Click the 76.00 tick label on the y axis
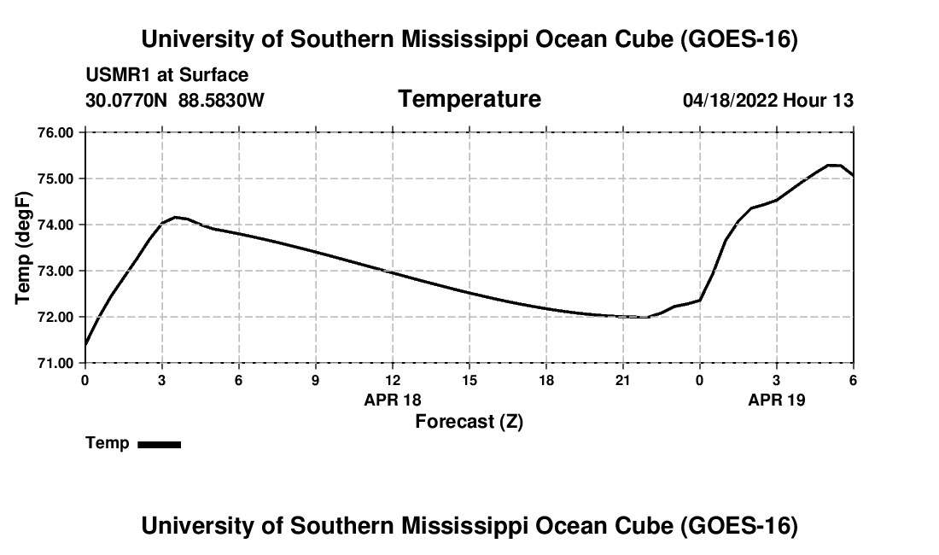[55, 132]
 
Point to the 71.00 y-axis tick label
[55, 363]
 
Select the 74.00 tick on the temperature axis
[55, 225]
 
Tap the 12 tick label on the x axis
[393, 380]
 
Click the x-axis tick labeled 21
[623, 380]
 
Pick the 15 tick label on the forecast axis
[469, 380]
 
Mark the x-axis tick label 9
[316, 380]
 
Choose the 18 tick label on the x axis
[546, 380]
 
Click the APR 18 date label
[393, 400]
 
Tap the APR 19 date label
[777, 400]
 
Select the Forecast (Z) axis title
[469, 422]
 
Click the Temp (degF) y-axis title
[23, 248]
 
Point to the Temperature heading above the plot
[469, 99]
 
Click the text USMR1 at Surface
[167, 75]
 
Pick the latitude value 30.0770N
[126, 100]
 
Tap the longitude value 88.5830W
[221, 100]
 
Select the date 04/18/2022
[730, 100]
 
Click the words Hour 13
[818, 100]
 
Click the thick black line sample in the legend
[160, 444]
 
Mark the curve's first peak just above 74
[176, 217]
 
